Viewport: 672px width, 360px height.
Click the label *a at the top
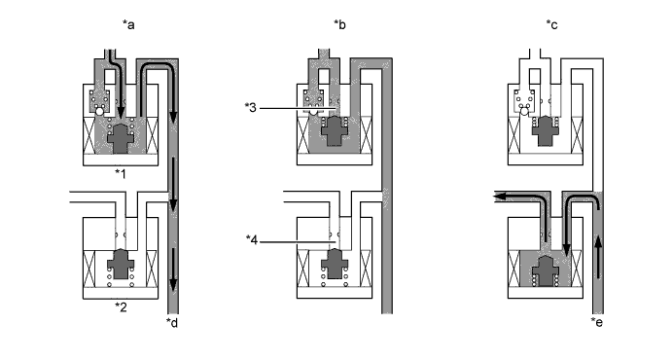pyautogui.click(x=128, y=25)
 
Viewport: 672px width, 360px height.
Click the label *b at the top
pyautogui.click(x=339, y=25)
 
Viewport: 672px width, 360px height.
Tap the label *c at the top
pyautogui.click(x=552, y=25)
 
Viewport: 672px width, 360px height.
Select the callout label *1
pyautogui.click(x=121, y=173)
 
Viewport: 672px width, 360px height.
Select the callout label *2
pyautogui.click(x=121, y=306)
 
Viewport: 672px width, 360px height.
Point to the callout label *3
pyautogui.click(x=250, y=108)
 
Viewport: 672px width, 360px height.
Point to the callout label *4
pyautogui.click(x=252, y=240)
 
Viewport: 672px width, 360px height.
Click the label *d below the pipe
pyautogui.click(x=172, y=322)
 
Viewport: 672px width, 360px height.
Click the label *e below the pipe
pyautogui.click(x=596, y=322)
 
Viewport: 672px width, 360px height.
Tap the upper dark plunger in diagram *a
pyautogui.click(x=121, y=138)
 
